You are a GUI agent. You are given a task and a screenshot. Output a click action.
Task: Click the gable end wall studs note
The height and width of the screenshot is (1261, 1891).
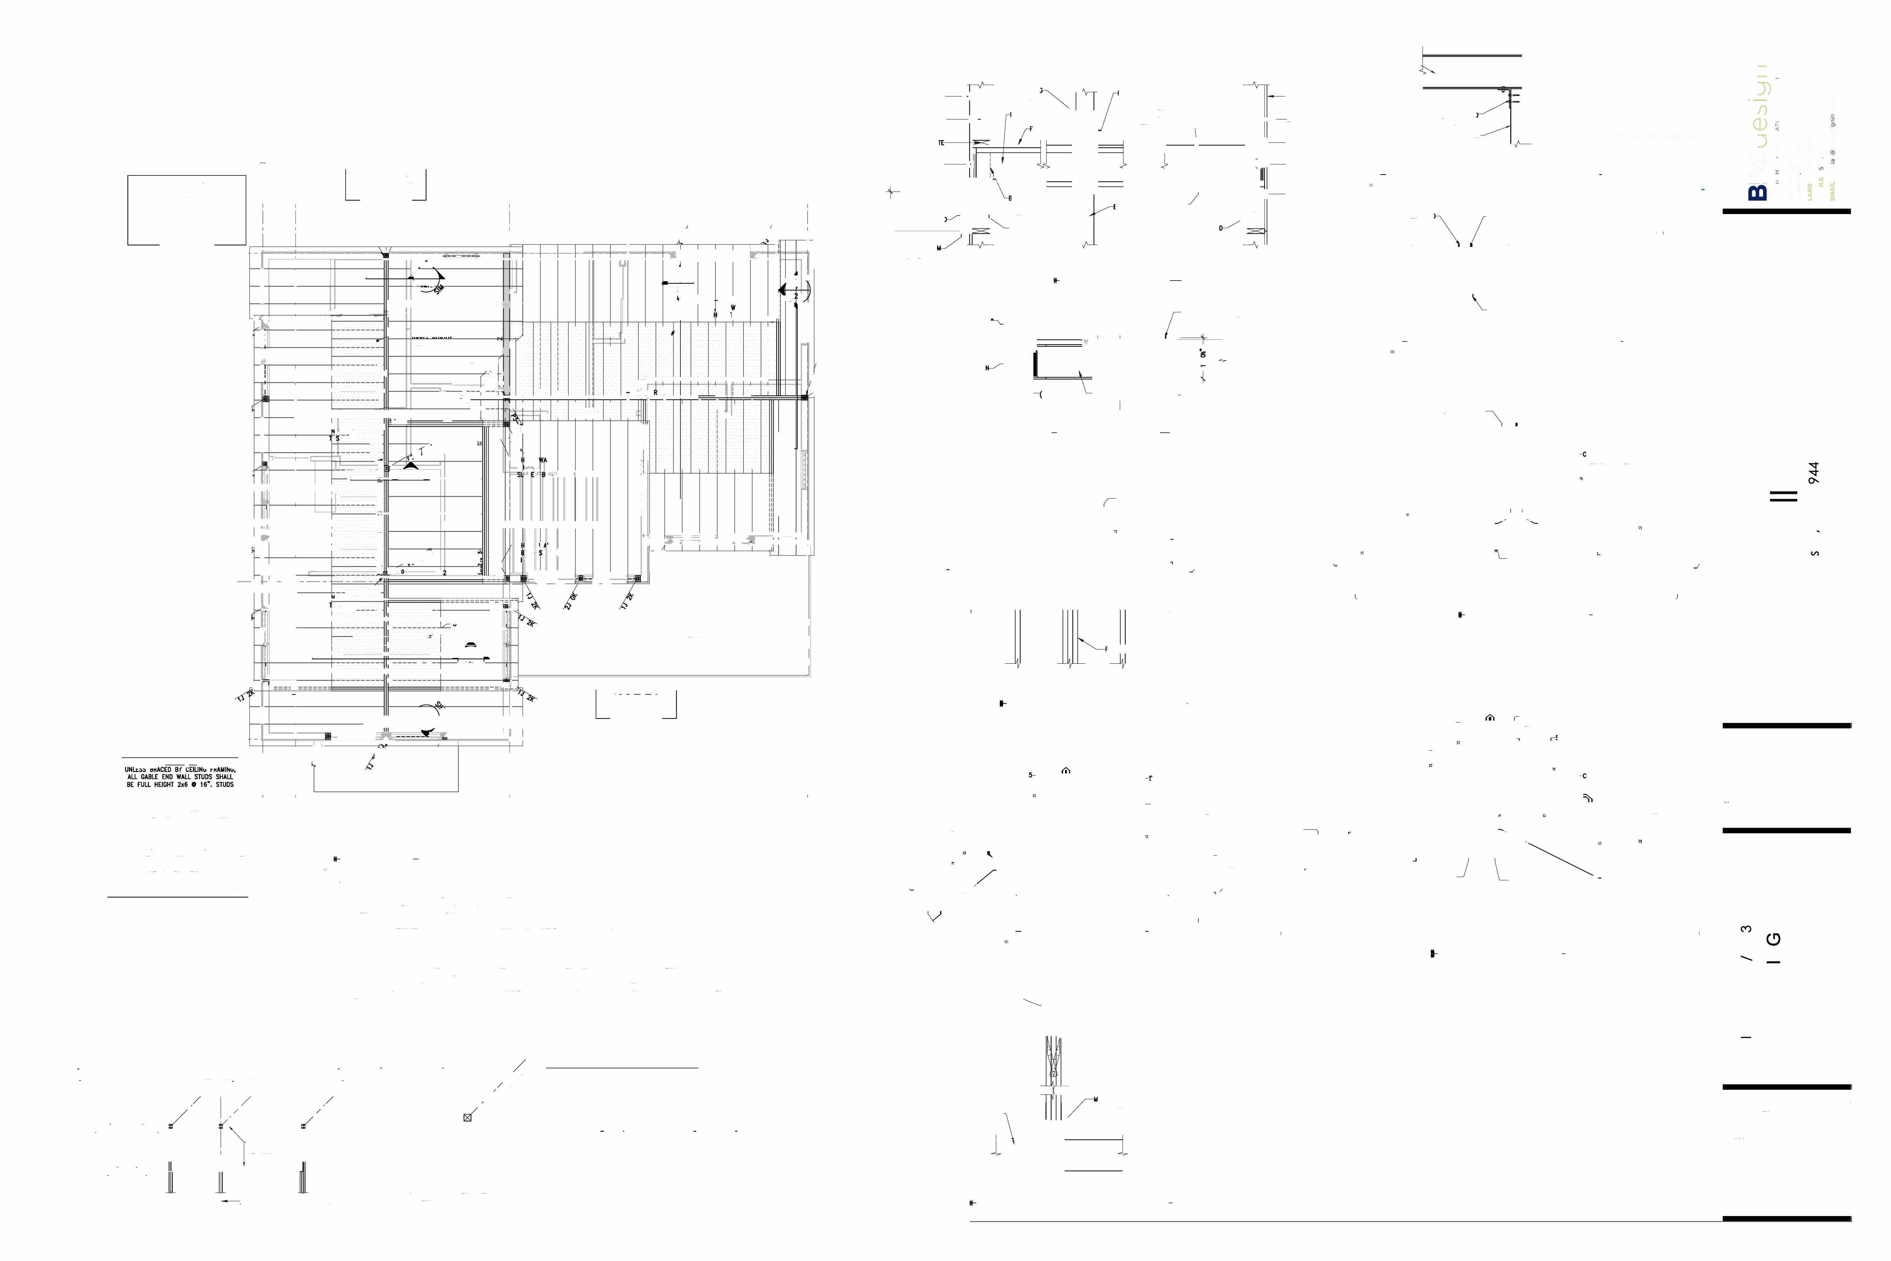179,777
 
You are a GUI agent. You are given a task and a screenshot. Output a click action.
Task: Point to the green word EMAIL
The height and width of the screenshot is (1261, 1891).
1832,191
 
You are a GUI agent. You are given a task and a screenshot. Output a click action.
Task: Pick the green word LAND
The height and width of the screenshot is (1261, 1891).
1809,191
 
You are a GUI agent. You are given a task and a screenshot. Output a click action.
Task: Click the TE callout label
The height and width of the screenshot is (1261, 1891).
941,143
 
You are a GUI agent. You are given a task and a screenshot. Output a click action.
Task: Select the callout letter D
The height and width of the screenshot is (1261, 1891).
1220,228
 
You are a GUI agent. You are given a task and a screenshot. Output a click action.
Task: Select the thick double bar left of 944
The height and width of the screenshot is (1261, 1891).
1783,496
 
